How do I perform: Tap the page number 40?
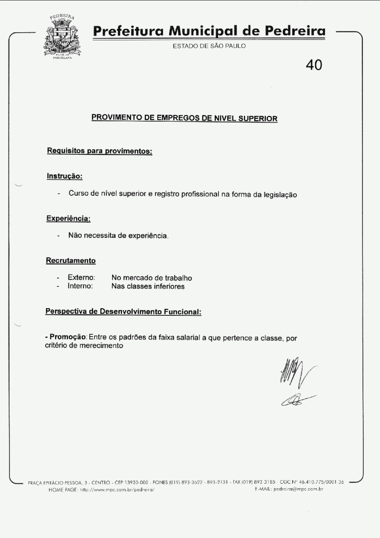tap(314, 65)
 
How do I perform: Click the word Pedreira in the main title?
tap(295, 31)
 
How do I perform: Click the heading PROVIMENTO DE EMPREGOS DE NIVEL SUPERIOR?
tap(184, 118)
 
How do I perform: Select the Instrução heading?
tap(65, 176)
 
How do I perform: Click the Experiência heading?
tap(68, 218)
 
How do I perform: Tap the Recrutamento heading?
tap(71, 260)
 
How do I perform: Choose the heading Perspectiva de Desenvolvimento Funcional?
tap(123, 311)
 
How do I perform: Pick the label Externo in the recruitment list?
tap(82, 278)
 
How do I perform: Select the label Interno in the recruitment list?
tap(80, 286)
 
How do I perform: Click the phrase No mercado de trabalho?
tap(152, 278)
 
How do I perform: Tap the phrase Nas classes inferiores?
tap(148, 286)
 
